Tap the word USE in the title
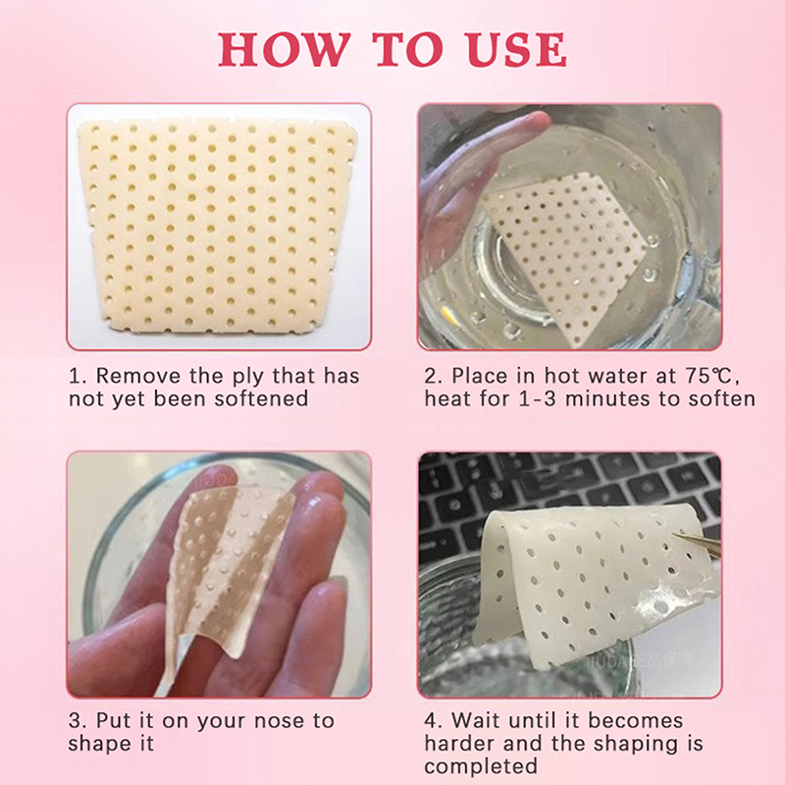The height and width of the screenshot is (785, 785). pyautogui.click(x=517, y=50)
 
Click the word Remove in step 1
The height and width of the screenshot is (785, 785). pyautogui.click(x=137, y=376)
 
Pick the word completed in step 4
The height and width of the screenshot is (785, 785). pyautogui.click(x=481, y=766)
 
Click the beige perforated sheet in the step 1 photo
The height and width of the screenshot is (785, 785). pyautogui.click(x=218, y=226)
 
